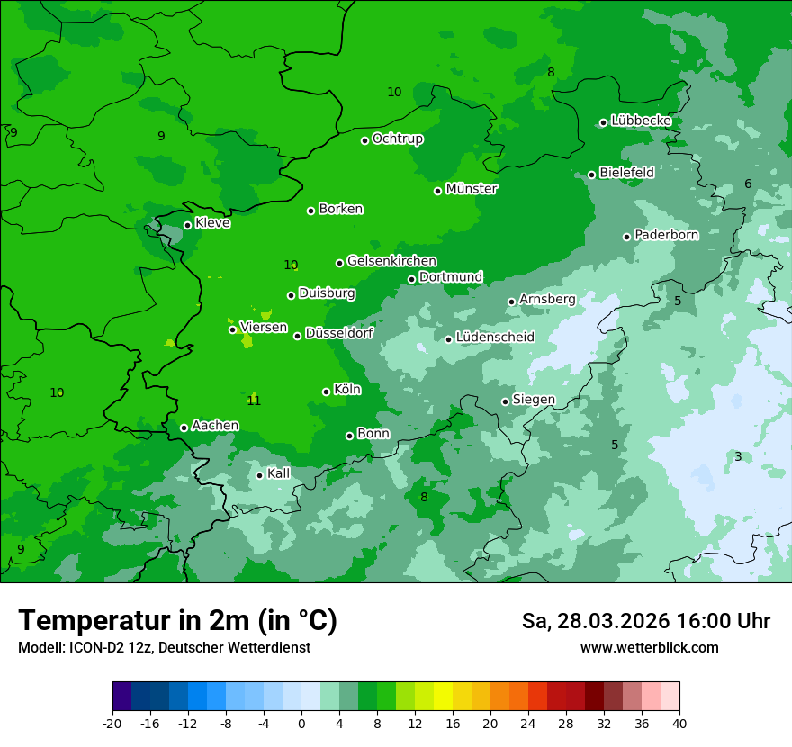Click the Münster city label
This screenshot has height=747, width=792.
point(471,189)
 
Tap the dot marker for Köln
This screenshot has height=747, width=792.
point(326,391)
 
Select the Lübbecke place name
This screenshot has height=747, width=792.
point(641,121)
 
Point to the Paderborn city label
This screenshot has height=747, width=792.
point(666,235)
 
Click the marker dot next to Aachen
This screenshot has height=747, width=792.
point(184,427)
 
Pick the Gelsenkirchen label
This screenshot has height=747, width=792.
point(391,261)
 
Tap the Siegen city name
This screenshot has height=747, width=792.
point(534,400)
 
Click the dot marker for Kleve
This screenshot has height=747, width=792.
point(187,225)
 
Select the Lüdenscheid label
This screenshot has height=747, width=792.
point(495,337)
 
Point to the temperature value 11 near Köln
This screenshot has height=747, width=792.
point(254,400)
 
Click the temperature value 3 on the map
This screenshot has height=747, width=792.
point(738,457)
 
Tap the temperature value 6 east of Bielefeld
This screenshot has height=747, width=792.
point(748,184)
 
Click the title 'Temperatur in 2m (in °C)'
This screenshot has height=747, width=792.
point(177,621)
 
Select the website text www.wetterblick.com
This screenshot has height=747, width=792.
point(649,648)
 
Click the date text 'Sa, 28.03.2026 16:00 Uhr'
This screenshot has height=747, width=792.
point(645,622)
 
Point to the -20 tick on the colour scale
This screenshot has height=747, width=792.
point(112,723)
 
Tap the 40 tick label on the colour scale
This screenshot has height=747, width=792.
point(679,723)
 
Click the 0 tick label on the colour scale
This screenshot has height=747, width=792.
point(301,723)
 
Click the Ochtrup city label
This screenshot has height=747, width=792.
point(397,139)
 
